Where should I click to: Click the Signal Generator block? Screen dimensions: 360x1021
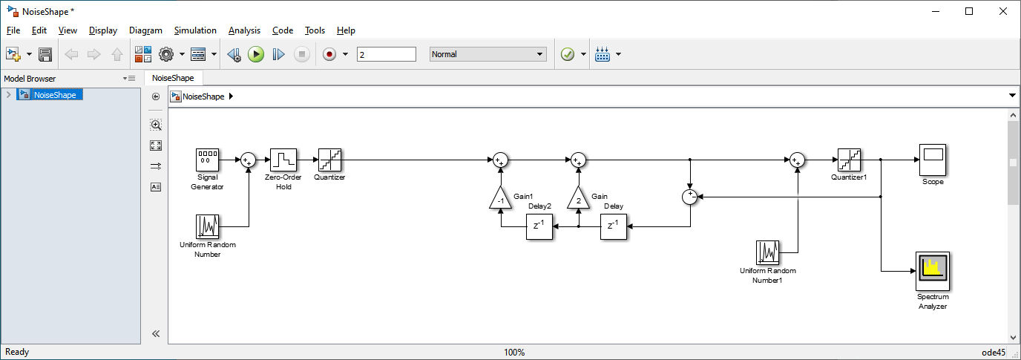(x=207, y=160)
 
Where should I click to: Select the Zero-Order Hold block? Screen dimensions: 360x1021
(x=283, y=160)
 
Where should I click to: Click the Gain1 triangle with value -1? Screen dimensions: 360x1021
(x=501, y=199)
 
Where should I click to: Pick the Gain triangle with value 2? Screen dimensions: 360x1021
(x=579, y=199)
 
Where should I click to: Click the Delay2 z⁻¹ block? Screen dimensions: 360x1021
(x=539, y=226)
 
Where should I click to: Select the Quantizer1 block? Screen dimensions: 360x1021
(x=848, y=160)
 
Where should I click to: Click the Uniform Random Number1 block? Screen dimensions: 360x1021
(x=768, y=252)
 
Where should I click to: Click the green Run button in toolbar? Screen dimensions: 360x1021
(x=256, y=54)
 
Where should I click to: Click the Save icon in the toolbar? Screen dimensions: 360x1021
(x=45, y=54)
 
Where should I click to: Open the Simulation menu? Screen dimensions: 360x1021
(x=195, y=30)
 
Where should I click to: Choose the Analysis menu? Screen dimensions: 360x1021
(x=244, y=30)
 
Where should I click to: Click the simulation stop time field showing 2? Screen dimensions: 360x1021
(x=386, y=54)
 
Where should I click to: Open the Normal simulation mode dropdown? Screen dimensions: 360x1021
(x=487, y=54)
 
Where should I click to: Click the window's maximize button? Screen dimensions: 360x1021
(x=969, y=11)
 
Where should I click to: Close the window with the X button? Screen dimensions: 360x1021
(x=1002, y=11)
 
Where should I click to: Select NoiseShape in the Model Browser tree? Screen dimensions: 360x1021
(x=55, y=95)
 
